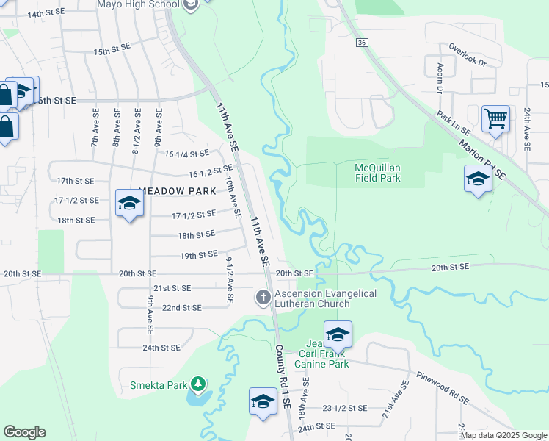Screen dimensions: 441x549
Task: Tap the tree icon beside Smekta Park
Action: [197, 384]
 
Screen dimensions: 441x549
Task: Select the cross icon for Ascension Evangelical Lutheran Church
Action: [263, 297]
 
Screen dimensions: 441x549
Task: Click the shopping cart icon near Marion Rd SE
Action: [495, 118]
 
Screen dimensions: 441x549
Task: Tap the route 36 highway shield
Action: [361, 43]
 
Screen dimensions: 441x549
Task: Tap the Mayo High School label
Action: [138, 4]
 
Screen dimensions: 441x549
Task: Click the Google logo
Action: [24, 431]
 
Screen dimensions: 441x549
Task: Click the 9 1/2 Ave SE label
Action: [230, 279]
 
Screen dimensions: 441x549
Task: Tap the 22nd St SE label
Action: [181, 307]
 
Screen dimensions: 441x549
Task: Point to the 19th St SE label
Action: [197, 255]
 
